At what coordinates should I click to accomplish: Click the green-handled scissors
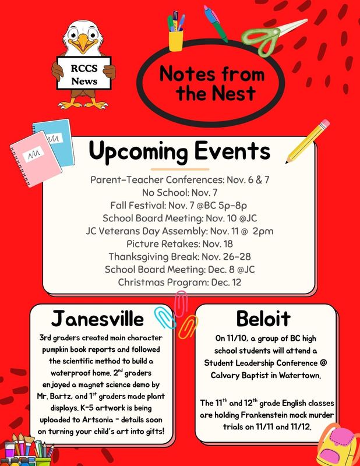tap(273, 33)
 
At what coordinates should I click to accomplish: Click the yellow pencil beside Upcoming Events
tap(308, 139)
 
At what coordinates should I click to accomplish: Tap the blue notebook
tap(54, 140)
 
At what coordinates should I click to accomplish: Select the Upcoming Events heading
tap(179, 151)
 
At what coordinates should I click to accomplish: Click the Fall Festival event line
tap(179, 205)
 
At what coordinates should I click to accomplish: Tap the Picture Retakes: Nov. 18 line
tap(179, 243)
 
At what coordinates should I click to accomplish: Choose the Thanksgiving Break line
tap(179, 256)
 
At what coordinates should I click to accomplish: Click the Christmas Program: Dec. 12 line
tap(179, 282)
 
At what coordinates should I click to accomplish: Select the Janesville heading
tap(97, 319)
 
